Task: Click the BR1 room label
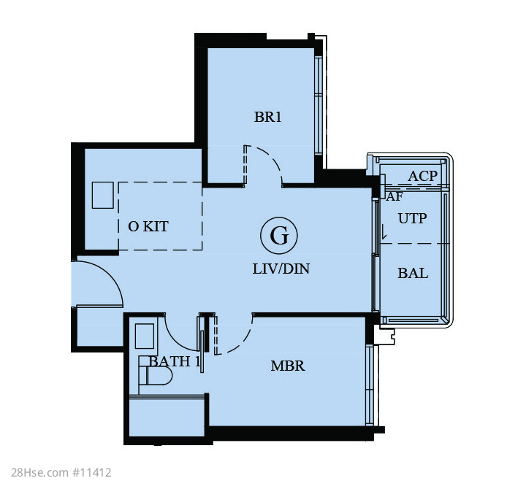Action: click(x=267, y=117)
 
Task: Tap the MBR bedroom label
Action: click(x=288, y=366)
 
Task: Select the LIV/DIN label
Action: click(x=281, y=269)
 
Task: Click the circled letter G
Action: click(x=279, y=236)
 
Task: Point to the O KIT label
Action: click(x=148, y=226)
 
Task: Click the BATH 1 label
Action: click(x=175, y=361)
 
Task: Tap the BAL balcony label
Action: click(x=413, y=273)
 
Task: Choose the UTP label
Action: click(x=412, y=219)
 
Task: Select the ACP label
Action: click(x=422, y=176)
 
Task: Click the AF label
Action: click(x=394, y=196)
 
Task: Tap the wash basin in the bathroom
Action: click(x=144, y=336)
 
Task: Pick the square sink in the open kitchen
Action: click(x=103, y=195)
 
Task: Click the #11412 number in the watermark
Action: click(x=92, y=473)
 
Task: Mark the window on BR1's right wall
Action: click(x=319, y=106)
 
